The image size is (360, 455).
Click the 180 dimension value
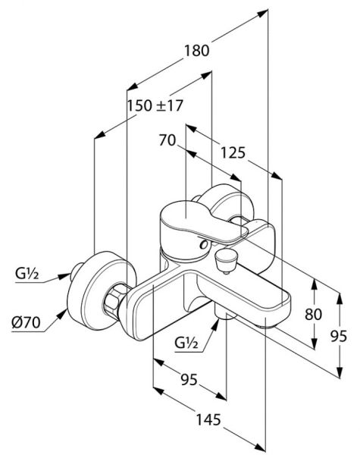[x=197, y=51]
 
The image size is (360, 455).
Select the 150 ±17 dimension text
[x=155, y=105]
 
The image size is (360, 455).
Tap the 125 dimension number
[x=233, y=152]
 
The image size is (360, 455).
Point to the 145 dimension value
[x=208, y=419]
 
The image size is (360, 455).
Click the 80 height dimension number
[x=313, y=314]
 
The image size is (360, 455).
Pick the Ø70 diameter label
[x=26, y=322]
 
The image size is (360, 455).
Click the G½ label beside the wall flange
[x=27, y=273]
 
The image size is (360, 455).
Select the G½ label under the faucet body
[x=186, y=344]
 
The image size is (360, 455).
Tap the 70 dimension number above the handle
[x=167, y=140]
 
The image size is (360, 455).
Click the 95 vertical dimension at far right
[x=339, y=336]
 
